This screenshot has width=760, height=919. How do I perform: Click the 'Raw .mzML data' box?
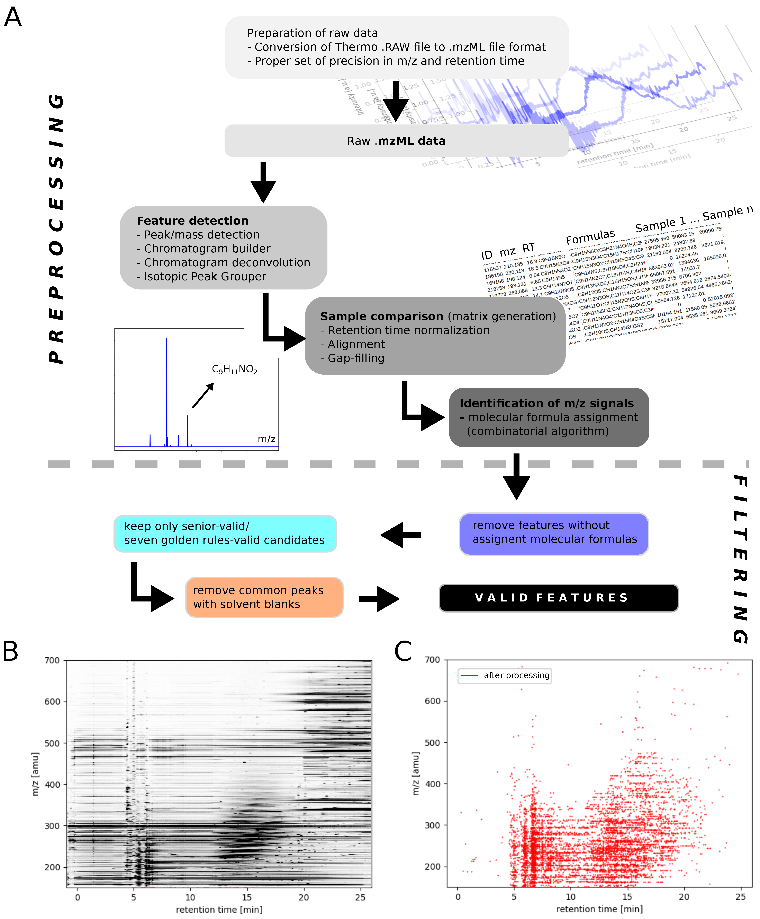[x=396, y=141]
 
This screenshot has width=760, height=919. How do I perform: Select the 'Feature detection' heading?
[x=192, y=220]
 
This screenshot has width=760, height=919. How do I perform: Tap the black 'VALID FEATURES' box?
[x=558, y=598]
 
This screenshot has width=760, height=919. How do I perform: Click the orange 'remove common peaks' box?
[x=264, y=597]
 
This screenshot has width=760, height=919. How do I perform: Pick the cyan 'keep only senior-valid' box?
[x=225, y=534]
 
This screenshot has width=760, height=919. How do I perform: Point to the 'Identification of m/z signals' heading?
[x=547, y=404]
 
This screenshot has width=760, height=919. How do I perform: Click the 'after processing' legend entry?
[x=516, y=675]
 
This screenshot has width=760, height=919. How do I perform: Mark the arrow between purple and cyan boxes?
[x=400, y=535]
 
